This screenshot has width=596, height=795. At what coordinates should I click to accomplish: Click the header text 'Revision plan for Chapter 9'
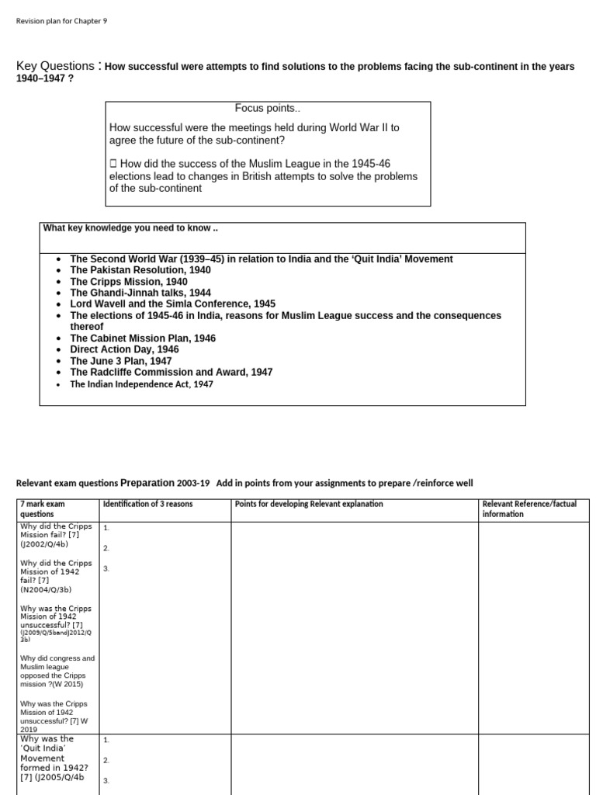(62, 21)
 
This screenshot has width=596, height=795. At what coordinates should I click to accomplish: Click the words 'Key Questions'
(56, 66)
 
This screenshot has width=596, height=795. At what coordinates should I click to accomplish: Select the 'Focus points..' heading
(267, 108)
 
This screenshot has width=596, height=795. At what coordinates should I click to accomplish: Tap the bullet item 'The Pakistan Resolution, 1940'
(140, 270)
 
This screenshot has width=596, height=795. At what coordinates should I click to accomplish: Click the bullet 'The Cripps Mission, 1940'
(129, 282)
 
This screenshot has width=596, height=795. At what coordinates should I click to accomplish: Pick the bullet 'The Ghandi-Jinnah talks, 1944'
(140, 293)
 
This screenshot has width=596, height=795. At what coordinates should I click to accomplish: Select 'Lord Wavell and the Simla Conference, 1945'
(172, 304)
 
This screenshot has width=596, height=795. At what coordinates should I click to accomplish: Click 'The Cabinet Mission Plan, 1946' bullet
(143, 338)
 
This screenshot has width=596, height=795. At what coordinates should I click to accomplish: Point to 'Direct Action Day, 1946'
(124, 349)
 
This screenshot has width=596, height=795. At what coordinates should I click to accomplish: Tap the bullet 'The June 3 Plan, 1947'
(121, 361)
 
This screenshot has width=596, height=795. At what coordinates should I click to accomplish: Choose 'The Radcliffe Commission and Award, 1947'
(171, 372)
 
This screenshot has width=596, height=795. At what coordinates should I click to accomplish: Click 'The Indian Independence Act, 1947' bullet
(141, 384)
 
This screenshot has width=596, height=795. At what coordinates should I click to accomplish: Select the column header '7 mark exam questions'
(43, 509)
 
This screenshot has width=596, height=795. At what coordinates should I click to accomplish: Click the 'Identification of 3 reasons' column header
(148, 505)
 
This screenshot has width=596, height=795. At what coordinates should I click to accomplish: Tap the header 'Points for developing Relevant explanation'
(309, 505)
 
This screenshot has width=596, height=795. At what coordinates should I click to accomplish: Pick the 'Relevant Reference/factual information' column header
(529, 509)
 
